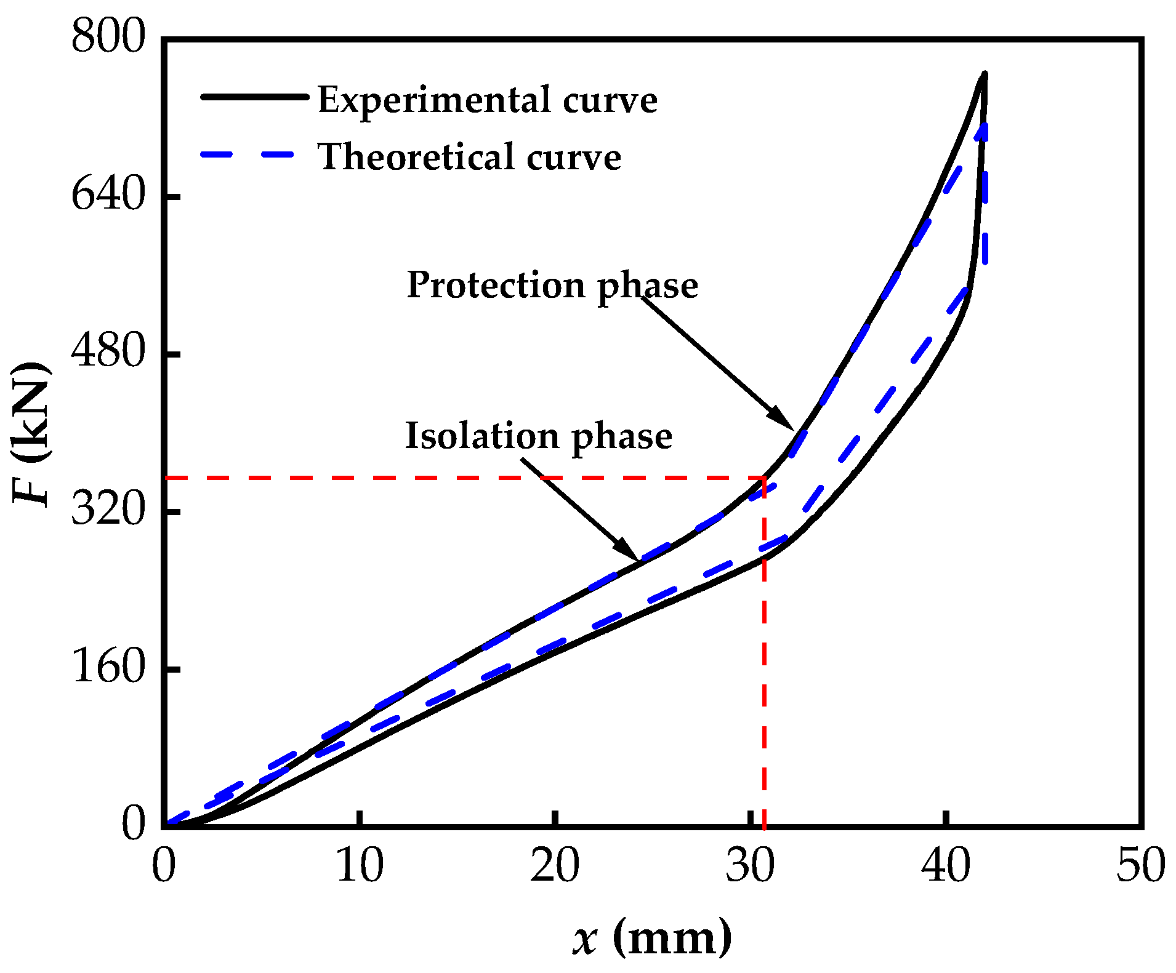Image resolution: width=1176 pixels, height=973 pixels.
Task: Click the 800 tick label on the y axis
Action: (107, 37)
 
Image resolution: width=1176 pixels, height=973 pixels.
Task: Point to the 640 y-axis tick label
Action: (107, 195)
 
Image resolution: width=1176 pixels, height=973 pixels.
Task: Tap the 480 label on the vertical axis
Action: (107, 353)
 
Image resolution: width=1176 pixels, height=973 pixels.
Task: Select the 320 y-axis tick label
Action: (107, 510)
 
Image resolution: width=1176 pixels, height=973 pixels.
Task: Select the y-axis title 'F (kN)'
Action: (31, 434)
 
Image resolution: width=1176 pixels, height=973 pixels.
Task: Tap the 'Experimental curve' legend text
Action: (487, 100)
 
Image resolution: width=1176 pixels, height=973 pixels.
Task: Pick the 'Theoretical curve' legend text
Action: (469, 157)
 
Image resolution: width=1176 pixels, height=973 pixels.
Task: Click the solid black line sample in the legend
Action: (254, 97)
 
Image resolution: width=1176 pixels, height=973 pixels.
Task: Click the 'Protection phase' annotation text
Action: (552, 285)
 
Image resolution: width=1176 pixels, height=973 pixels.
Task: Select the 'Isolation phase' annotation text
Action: (538, 436)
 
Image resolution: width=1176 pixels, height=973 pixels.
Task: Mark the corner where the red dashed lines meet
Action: (764, 478)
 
